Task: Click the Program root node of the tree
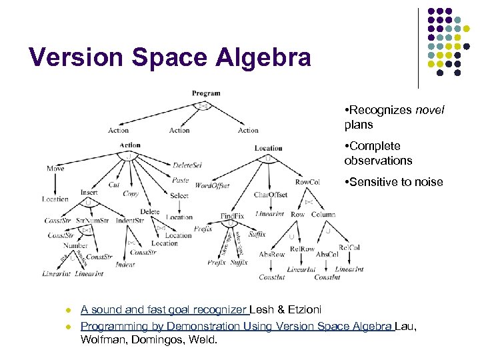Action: pyautogui.click(x=206, y=93)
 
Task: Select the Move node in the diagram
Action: pyautogui.click(x=56, y=169)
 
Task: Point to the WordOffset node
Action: pyautogui.click(x=213, y=186)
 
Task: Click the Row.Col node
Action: pyautogui.click(x=308, y=181)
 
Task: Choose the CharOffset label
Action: pyautogui.click(x=271, y=195)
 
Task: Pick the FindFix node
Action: pyautogui.click(x=233, y=216)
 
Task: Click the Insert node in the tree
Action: pyautogui.click(x=89, y=192)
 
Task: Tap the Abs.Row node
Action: pyautogui.click(x=272, y=254)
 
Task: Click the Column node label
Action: pyautogui.click(x=323, y=215)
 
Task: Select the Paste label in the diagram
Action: pyautogui.click(x=180, y=180)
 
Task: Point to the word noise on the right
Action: pyautogui.click(x=428, y=182)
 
